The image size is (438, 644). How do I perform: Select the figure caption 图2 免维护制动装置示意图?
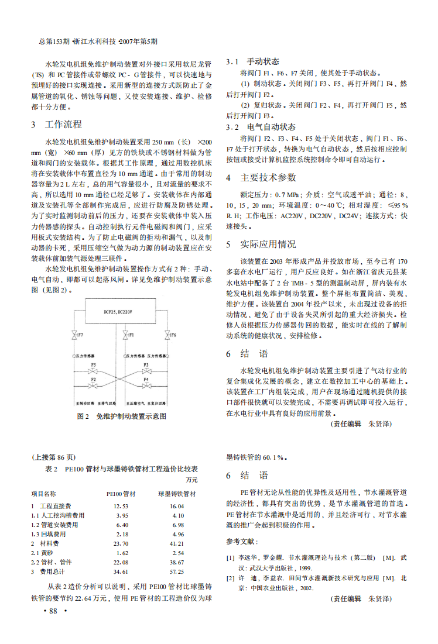(122, 416)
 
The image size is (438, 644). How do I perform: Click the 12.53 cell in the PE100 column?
(121, 506)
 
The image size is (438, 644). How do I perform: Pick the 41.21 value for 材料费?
(177, 543)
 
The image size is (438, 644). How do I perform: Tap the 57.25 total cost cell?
(177, 571)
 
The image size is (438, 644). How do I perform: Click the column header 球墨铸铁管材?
(177, 494)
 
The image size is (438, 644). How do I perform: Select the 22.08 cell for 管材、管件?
(121, 562)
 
